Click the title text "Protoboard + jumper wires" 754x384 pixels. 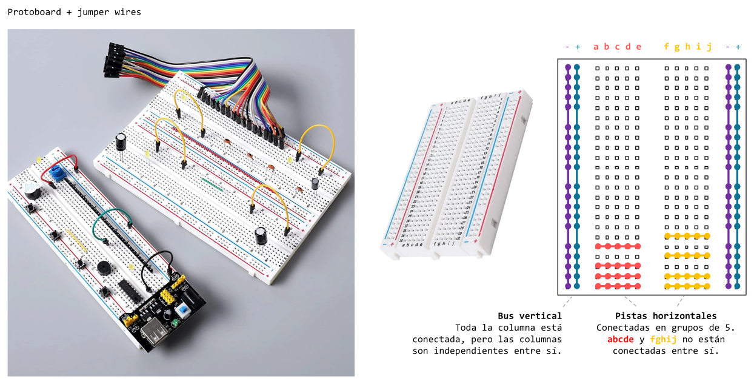74,12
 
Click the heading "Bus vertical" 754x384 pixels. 529,316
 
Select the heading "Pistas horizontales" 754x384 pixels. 666,316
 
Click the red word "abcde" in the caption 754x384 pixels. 620,339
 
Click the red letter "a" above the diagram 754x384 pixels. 596,47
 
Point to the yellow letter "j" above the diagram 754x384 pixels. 709,47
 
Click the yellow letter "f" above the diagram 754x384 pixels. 667,47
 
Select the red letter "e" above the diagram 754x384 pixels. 638,47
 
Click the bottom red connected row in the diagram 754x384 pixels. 617,286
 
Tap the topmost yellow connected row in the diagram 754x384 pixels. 687,236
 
